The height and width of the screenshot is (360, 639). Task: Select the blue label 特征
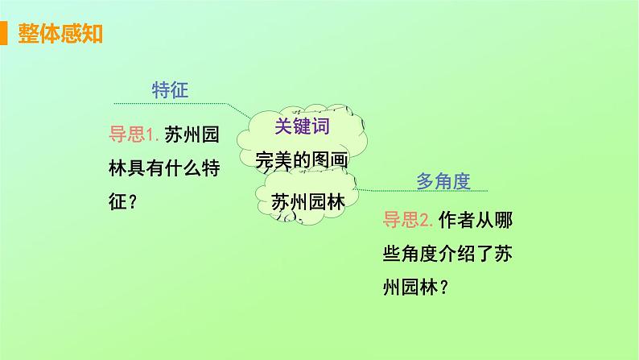pyautogui.click(x=170, y=89)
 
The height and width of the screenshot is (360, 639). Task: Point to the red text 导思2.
pyautogui.click(x=410, y=218)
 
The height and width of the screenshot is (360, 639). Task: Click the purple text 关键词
pyautogui.click(x=300, y=126)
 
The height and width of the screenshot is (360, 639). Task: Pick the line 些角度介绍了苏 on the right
pyautogui.click(x=444, y=253)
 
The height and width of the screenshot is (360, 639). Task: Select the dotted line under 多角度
pyautogui.click(x=427, y=191)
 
